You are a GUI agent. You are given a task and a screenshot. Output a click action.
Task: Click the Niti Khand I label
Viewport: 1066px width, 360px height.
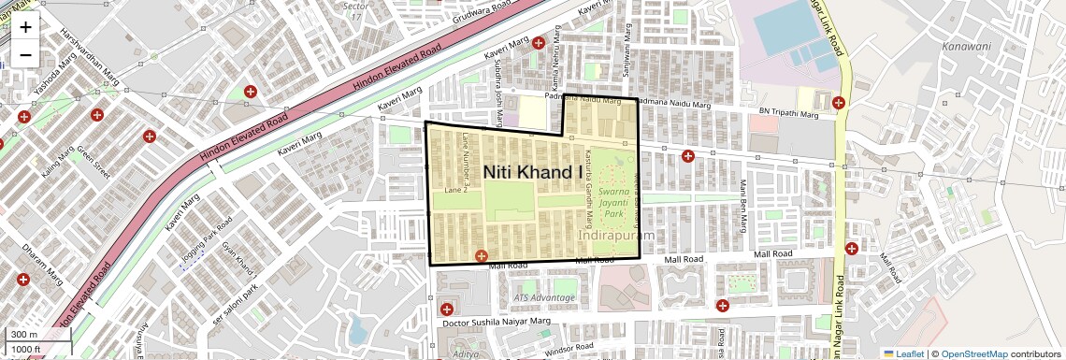coord(532,172)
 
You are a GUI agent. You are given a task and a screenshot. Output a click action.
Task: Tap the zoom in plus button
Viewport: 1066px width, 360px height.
coord(25,27)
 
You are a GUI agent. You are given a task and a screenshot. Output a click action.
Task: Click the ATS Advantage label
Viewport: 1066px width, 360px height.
coord(544,297)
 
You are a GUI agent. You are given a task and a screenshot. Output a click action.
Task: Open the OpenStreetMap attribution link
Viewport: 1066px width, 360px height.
coord(974,353)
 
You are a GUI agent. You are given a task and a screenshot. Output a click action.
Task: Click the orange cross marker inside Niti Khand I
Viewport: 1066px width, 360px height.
coord(482,255)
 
